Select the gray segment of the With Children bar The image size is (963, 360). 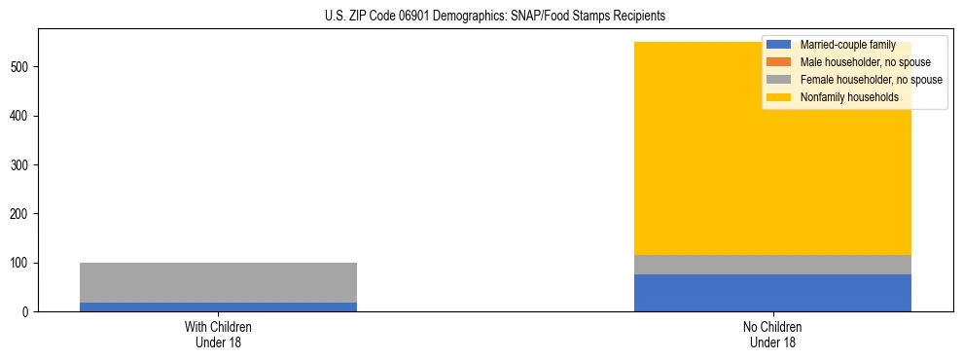tap(218, 282)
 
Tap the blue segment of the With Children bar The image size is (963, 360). tap(218, 306)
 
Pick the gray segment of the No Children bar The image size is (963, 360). tap(772, 265)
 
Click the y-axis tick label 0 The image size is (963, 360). tap(27, 312)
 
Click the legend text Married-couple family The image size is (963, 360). tap(847, 45)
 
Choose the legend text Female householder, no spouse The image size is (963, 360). tap(870, 80)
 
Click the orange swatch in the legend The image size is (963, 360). tap(778, 62)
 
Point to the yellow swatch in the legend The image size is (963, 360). tap(778, 97)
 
